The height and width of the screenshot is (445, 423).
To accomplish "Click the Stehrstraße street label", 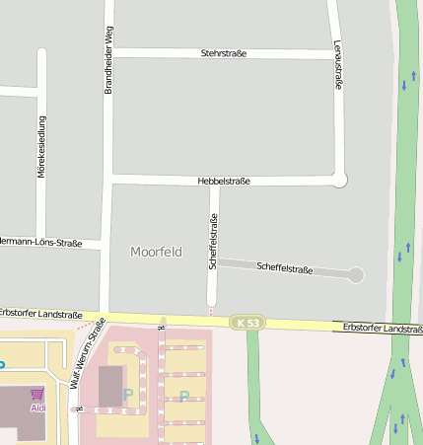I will coord(223,52).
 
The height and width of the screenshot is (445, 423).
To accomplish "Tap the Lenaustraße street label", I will coord(338,65).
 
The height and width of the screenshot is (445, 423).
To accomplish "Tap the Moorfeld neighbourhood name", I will coord(156,252).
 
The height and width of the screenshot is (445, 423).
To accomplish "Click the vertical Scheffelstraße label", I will coord(213,241).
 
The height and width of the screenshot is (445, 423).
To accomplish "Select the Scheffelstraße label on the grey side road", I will coord(284,267).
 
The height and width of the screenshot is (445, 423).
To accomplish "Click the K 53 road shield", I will coord(248,323).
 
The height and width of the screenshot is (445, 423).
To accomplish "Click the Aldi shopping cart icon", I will coord(37,394).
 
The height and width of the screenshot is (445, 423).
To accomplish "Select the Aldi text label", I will coord(37,408).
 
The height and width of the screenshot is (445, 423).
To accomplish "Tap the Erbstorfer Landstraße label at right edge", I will coord(383,328).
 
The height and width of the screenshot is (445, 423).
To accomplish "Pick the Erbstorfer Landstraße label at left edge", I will coord(41,314).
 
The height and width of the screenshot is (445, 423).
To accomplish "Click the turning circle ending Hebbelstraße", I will coord(340,180).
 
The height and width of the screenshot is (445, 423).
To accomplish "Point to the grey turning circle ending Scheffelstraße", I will coord(356,275).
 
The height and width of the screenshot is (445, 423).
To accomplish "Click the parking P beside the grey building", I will coord(127,394).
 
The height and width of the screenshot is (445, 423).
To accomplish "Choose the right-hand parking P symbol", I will coord(183,397).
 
